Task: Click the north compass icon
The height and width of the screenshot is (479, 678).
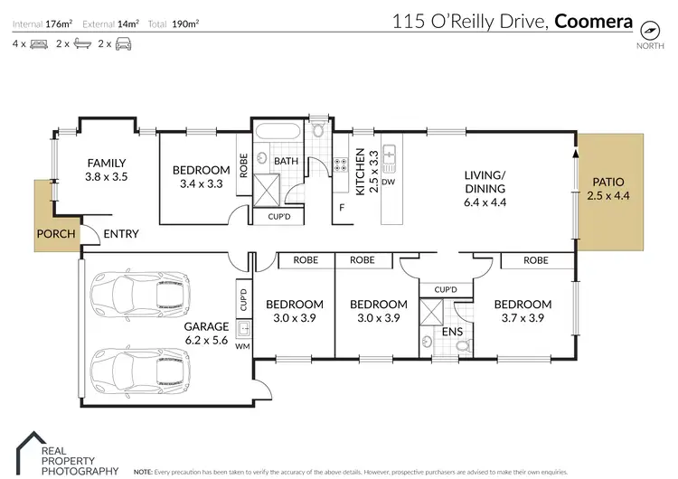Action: [648, 28]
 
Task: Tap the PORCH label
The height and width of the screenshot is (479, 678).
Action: [55, 234]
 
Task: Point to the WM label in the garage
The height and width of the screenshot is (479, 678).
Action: [243, 346]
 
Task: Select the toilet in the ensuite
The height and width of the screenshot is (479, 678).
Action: [462, 344]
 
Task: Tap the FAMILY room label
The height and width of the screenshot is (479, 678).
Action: [106, 163]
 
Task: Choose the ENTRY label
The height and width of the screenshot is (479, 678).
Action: [120, 234]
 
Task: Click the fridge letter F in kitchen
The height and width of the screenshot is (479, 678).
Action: [342, 208]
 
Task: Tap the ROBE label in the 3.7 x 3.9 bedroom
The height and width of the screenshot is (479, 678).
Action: [536, 259]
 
